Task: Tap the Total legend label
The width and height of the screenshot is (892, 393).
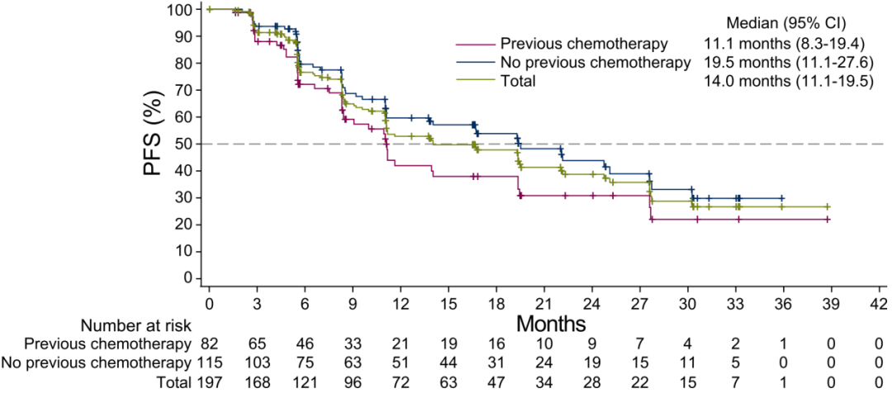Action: click(516, 81)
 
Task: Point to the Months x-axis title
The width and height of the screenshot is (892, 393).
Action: click(551, 323)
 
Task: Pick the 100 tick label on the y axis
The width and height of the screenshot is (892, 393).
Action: click(183, 9)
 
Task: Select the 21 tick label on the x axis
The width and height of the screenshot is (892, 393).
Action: click(544, 301)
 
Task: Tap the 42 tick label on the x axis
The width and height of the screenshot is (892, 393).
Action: click(879, 301)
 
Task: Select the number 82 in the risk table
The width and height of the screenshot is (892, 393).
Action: click(209, 342)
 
